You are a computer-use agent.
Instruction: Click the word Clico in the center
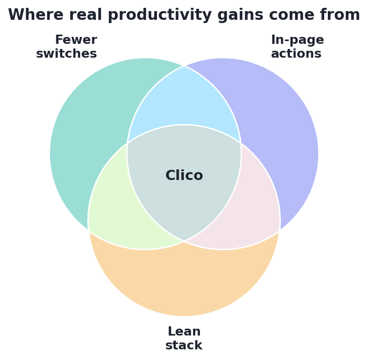click(184, 175)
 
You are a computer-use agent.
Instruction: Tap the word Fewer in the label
click(76, 39)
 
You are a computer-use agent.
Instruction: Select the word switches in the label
click(66, 54)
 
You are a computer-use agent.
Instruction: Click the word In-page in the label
click(297, 40)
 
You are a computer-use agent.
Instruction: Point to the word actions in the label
click(296, 54)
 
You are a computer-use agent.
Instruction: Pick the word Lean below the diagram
click(184, 331)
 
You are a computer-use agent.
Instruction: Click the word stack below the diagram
click(184, 345)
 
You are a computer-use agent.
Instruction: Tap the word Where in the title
click(36, 15)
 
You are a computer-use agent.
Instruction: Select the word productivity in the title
click(160, 15)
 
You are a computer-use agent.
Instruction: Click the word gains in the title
click(240, 15)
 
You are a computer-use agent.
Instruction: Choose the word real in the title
click(85, 15)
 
